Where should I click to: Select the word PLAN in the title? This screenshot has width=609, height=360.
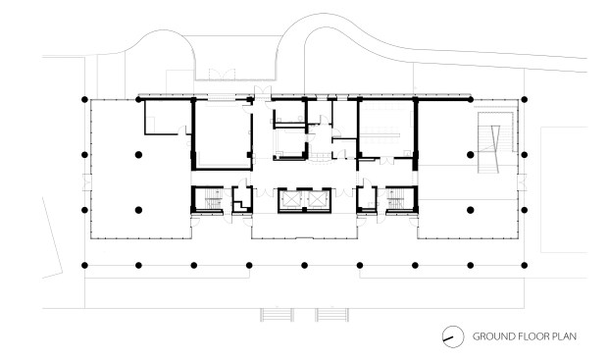[x=564, y=336]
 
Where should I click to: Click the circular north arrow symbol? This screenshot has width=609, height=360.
[x=453, y=336]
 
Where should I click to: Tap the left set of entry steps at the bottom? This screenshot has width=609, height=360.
[x=277, y=315]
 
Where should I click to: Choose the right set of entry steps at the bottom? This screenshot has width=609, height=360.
[x=332, y=315]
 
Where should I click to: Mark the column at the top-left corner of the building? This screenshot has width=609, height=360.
[x=84, y=99]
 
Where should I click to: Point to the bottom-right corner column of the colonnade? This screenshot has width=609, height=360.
[x=525, y=266]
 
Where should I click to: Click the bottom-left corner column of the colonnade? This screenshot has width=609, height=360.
[x=84, y=266]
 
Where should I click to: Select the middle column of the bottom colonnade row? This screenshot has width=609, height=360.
[x=304, y=266]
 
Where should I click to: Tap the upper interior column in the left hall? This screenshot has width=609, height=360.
[x=138, y=155]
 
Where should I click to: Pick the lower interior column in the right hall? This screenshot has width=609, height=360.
[x=471, y=210]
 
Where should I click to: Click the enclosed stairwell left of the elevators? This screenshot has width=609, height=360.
[x=207, y=199]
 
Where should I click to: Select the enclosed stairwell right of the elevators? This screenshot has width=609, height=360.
[x=402, y=199]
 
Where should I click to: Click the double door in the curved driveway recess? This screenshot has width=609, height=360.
[x=222, y=75]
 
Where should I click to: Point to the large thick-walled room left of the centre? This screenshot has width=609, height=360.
[x=223, y=134]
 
